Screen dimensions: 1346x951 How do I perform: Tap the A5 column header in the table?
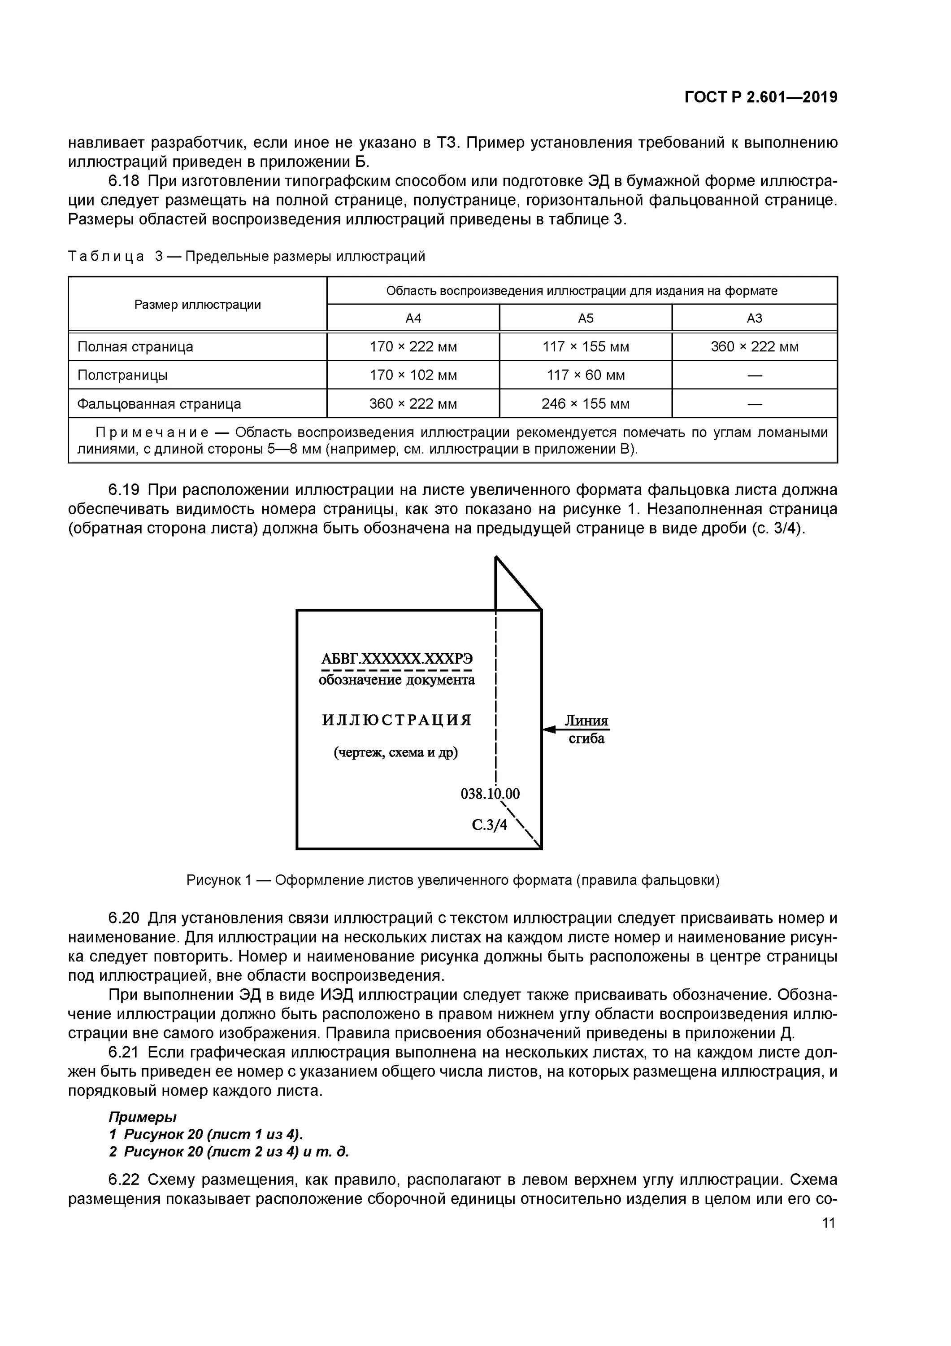pyautogui.click(x=586, y=318)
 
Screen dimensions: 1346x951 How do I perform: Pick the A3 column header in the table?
pyautogui.click(x=754, y=318)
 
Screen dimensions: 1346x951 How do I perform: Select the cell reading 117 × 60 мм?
pyautogui.click(x=586, y=375)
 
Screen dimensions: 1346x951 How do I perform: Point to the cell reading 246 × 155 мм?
pyautogui.click(x=586, y=404)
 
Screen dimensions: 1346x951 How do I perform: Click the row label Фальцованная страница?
pyautogui.click(x=159, y=404)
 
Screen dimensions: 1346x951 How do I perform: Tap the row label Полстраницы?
pyautogui.click(x=122, y=375)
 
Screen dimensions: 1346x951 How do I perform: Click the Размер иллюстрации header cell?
pyautogui.click(x=197, y=305)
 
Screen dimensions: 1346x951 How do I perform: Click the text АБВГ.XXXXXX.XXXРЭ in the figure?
pyautogui.click(x=397, y=659)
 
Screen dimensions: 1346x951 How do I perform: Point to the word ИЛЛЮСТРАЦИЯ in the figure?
pyautogui.click(x=397, y=720)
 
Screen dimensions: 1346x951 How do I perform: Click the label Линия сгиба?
pyautogui.click(x=586, y=729)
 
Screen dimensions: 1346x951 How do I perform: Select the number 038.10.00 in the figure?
pyautogui.click(x=490, y=794)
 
